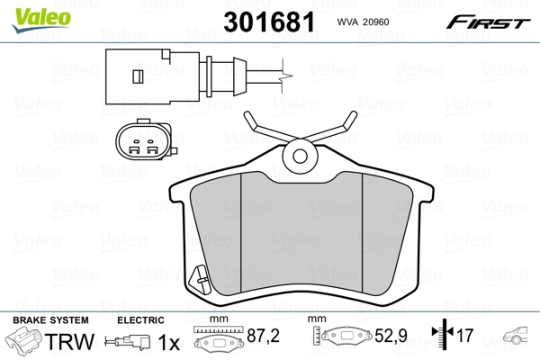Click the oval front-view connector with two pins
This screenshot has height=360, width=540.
click(139, 140)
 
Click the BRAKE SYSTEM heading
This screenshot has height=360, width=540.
click(50, 320)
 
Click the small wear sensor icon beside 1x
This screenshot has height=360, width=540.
click(129, 343)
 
